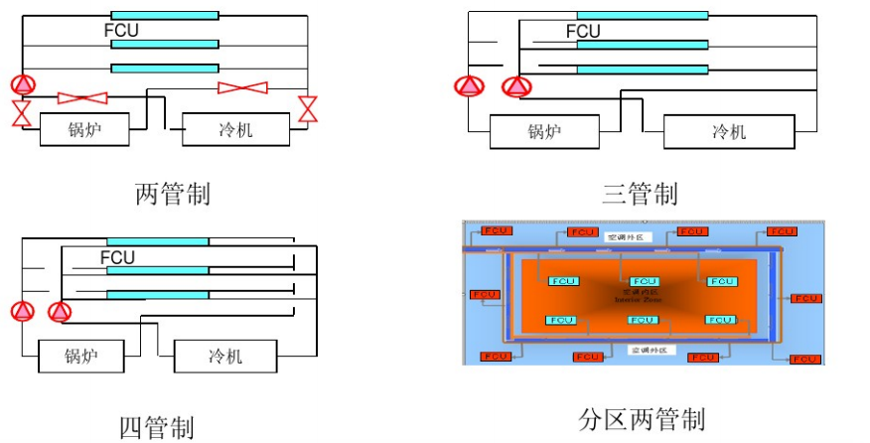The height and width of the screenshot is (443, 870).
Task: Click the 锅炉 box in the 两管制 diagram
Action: (85, 129)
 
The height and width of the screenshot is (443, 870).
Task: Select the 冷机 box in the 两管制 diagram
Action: (235, 129)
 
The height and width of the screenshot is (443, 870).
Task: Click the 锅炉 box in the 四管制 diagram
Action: (83, 356)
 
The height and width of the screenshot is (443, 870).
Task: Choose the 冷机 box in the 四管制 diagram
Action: (224, 356)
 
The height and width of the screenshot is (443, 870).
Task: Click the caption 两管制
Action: (172, 193)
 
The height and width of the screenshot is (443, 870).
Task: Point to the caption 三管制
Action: (640, 193)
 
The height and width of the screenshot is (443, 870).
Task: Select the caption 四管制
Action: (157, 428)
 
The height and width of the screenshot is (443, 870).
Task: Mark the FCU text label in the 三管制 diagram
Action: (583, 32)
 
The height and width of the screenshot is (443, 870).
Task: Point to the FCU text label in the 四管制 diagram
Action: (117, 258)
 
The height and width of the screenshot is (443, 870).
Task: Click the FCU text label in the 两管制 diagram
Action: (121, 31)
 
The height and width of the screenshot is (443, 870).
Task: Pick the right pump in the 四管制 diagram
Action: (61, 312)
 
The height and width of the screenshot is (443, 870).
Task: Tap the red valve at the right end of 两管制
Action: (309, 108)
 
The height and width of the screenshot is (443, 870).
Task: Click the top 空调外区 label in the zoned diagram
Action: (626, 235)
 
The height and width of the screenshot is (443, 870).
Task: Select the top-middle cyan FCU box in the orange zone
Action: (645, 282)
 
